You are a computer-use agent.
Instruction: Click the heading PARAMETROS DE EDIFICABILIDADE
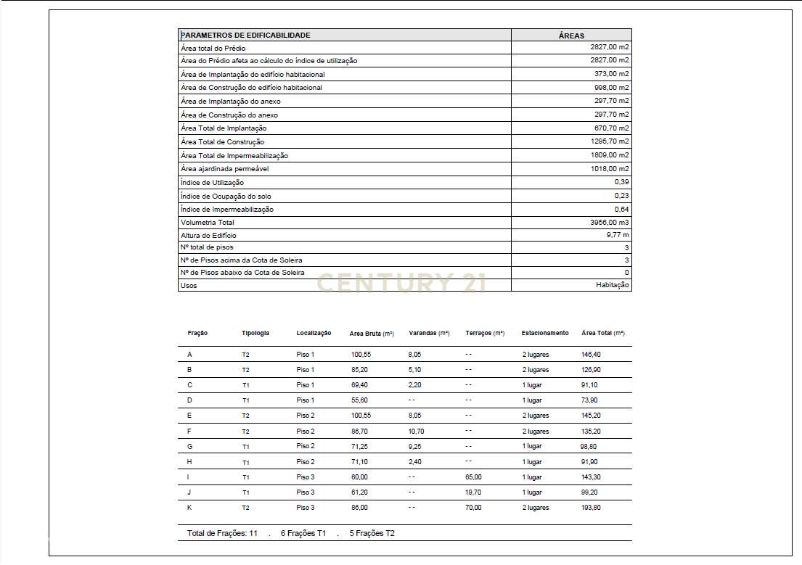pyautogui.click(x=245, y=35)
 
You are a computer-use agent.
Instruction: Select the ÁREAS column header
pyautogui.click(x=571, y=36)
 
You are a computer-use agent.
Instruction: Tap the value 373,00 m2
pyautogui.click(x=611, y=74)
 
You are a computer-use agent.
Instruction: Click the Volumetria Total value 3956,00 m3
pyautogui.click(x=610, y=223)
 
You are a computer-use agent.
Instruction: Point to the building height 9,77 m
pyautogui.click(x=618, y=236)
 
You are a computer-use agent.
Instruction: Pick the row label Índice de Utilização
pyautogui.click(x=212, y=183)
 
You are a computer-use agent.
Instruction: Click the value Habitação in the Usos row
pyautogui.click(x=613, y=286)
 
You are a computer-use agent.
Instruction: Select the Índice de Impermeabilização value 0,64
pyautogui.click(x=621, y=210)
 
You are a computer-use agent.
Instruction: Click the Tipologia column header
pyautogui.click(x=255, y=334)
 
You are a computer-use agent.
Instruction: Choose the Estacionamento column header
pyautogui.click(x=545, y=334)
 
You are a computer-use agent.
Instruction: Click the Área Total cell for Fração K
pyautogui.click(x=592, y=508)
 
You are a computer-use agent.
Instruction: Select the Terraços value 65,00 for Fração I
pyautogui.click(x=473, y=477)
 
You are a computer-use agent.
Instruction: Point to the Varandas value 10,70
pyautogui.click(x=416, y=432)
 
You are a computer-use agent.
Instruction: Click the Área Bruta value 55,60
pyautogui.click(x=359, y=400)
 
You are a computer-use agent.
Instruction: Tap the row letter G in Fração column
pyautogui.click(x=190, y=447)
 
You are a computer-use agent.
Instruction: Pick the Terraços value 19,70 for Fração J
pyautogui.click(x=473, y=492)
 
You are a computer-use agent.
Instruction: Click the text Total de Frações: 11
pyautogui.click(x=222, y=533)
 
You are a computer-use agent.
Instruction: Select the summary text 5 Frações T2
pyautogui.click(x=372, y=533)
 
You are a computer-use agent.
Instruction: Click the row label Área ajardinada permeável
pyautogui.click(x=224, y=169)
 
